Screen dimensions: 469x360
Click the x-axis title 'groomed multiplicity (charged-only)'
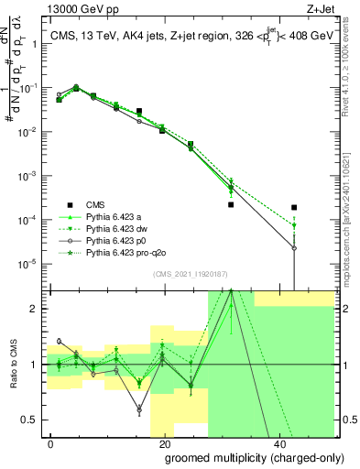click(242, 456)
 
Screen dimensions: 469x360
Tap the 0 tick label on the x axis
click(51, 442)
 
